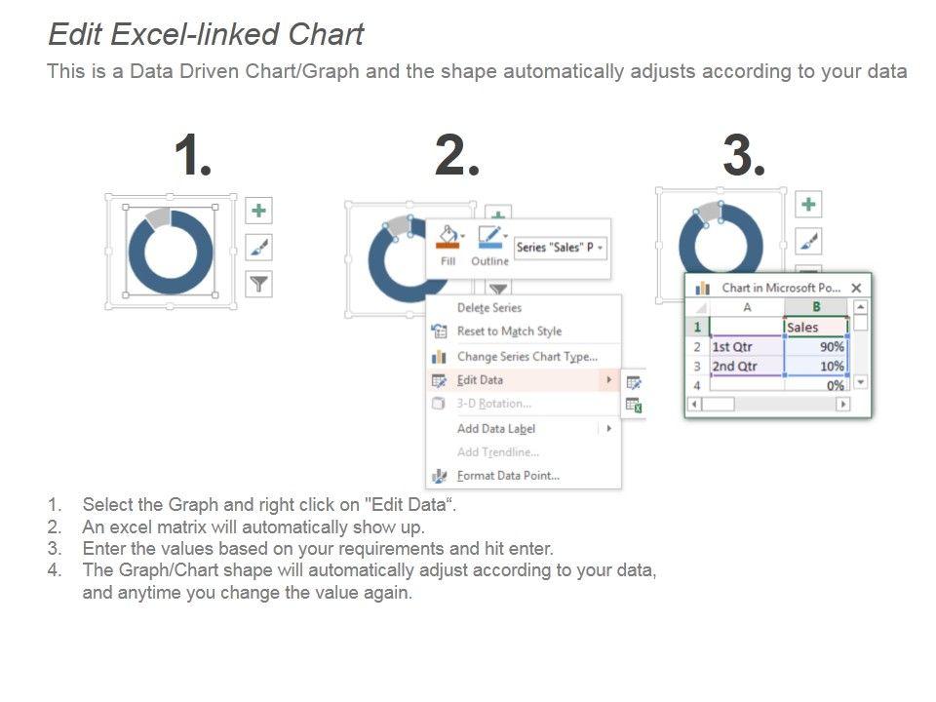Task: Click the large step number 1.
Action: click(x=192, y=155)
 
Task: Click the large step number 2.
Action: click(x=457, y=155)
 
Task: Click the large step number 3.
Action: click(x=744, y=155)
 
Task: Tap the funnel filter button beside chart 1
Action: click(x=259, y=284)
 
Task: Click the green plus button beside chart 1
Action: click(x=259, y=211)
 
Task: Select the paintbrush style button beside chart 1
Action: click(x=259, y=247)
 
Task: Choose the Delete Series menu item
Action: click(x=489, y=307)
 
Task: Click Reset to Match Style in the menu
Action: click(x=509, y=331)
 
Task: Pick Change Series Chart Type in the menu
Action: click(x=527, y=357)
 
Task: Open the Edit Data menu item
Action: click(x=480, y=380)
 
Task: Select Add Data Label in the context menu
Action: click(x=496, y=429)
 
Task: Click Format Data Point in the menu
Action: click(x=508, y=476)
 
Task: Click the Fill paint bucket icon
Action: click(x=448, y=237)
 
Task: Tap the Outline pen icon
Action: click(x=490, y=237)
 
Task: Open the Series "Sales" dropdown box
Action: click(x=561, y=247)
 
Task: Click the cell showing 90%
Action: click(x=816, y=347)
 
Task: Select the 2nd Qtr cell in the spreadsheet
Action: click(x=747, y=367)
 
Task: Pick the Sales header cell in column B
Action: click(x=816, y=328)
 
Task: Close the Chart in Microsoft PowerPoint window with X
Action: click(x=857, y=289)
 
